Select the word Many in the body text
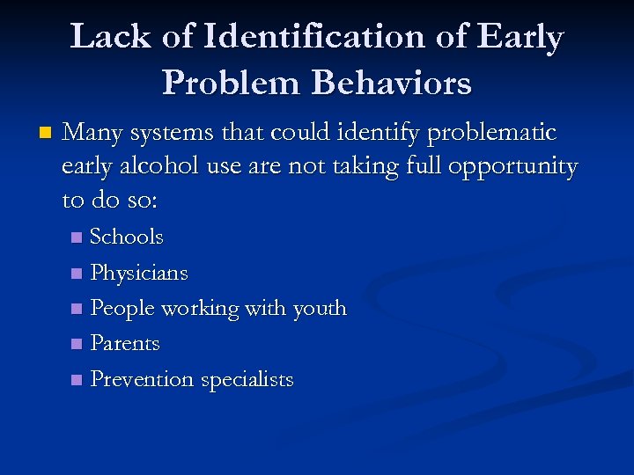click(92, 133)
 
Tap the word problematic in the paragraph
click(491, 133)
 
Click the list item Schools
click(127, 237)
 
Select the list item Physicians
click(139, 273)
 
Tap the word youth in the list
click(319, 309)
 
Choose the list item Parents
click(125, 343)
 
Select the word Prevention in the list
click(142, 380)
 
